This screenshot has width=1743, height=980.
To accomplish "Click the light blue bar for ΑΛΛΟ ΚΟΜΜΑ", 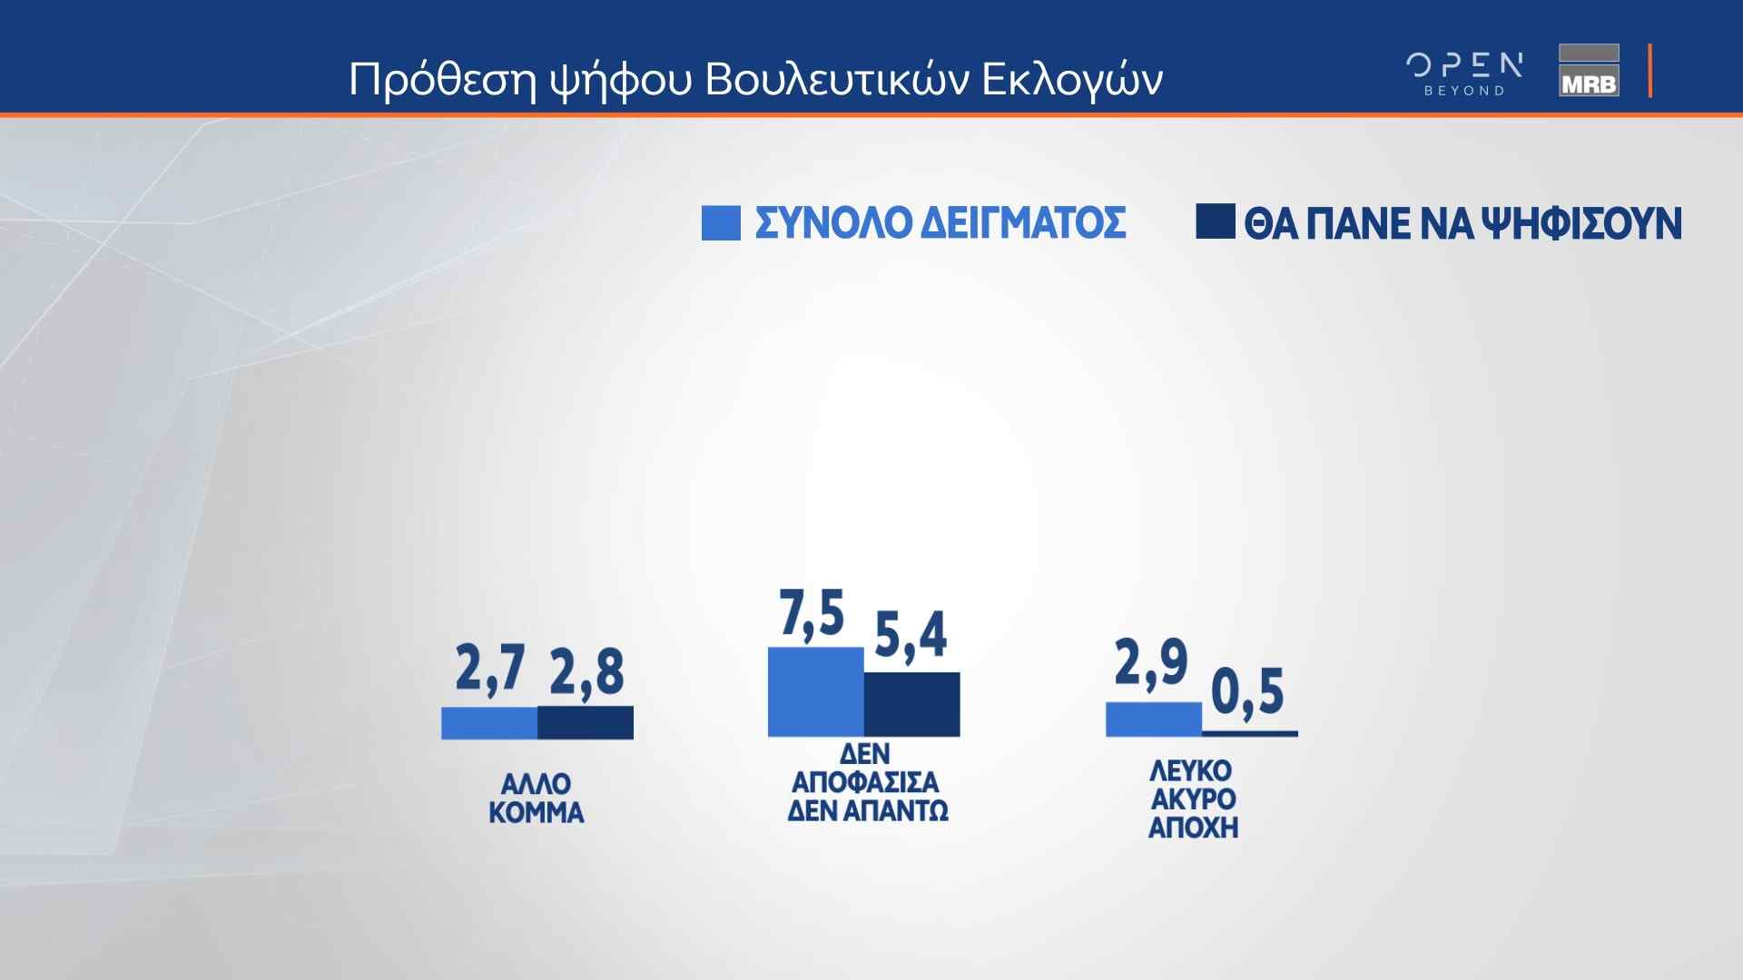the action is pyautogui.click(x=489, y=723).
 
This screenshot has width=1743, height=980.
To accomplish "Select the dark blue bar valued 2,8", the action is pyautogui.click(x=586, y=722).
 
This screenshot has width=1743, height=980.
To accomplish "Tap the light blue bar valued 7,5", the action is pyautogui.click(x=815, y=691).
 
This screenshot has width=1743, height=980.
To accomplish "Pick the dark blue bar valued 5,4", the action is pyautogui.click(x=911, y=704).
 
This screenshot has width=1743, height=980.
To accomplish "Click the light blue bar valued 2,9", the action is pyautogui.click(x=1154, y=720).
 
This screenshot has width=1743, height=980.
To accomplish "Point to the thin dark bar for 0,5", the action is pyautogui.click(x=1250, y=733).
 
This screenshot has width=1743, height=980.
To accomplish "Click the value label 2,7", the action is pyautogui.click(x=490, y=670).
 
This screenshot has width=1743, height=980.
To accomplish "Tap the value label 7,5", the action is pyautogui.click(x=812, y=613).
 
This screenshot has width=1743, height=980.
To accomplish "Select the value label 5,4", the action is pyautogui.click(x=911, y=635).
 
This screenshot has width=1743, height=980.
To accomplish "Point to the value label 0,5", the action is pyautogui.click(x=1248, y=692).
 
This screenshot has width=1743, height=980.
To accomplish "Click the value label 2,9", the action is pyautogui.click(x=1151, y=662).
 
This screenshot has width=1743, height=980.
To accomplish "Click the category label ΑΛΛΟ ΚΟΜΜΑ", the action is pyautogui.click(x=537, y=798).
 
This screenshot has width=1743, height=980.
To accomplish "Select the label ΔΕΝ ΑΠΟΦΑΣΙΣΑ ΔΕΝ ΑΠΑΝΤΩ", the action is pyautogui.click(x=868, y=782).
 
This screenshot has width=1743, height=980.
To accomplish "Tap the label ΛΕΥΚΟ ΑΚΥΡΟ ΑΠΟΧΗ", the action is pyautogui.click(x=1193, y=799).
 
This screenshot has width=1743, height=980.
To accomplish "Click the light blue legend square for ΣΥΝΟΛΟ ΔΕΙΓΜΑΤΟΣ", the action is pyautogui.click(x=721, y=223).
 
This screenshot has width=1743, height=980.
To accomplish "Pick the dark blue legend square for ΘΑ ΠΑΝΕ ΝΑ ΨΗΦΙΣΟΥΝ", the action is pyautogui.click(x=1216, y=221).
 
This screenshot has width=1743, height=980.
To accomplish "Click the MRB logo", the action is pyautogui.click(x=1589, y=70).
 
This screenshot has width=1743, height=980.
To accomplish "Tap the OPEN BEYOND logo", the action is pyautogui.click(x=1464, y=73).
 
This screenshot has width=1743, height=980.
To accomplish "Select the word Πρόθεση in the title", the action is pyautogui.click(x=443, y=81).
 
